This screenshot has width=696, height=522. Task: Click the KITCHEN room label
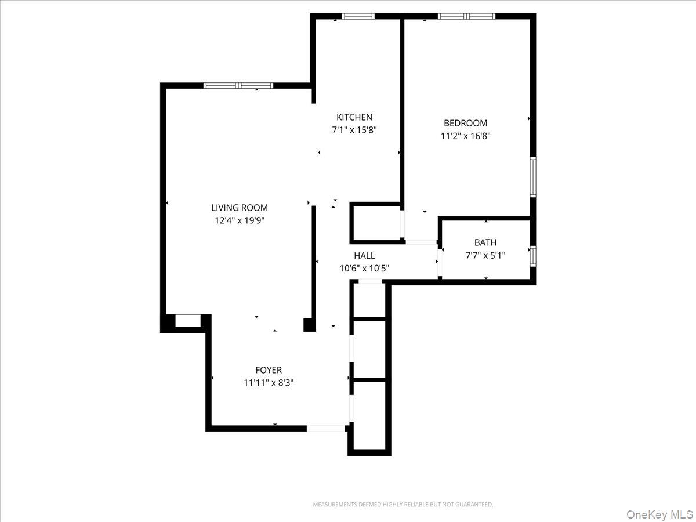pyautogui.click(x=354, y=117)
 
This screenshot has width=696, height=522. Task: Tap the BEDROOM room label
pyautogui.click(x=465, y=123)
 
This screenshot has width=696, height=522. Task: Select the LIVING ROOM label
pyautogui.click(x=239, y=208)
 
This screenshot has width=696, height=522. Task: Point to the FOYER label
pyautogui.click(x=269, y=370)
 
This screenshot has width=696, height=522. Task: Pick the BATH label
pyautogui.click(x=485, y=242)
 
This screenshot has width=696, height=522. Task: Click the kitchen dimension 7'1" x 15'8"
pyautogui.click(x=354, y=130)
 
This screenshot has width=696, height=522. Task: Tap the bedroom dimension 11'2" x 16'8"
pyautogui.click(x=466, y=136)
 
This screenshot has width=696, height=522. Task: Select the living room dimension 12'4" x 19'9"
pyautogui.click(x=240, y=220)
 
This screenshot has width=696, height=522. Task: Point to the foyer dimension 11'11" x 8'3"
pyautogui.click(x=269, y=383)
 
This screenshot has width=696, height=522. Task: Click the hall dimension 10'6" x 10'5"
pyautogui.click(x=364, y=269)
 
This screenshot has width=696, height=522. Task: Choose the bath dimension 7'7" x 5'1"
pyautogui.click(x=485, y=255)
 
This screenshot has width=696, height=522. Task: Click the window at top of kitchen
pyautogui.click(x=358, y=16)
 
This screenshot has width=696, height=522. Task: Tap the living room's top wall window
pyautogui.click(x=238, y=86)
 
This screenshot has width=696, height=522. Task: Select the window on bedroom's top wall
pyautogui.click(x=467, y=16)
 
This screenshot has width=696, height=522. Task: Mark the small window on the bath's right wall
pyautogui.click(x=532, y=255)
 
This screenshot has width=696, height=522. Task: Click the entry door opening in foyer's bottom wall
pyautogui.click(x=325, y=428)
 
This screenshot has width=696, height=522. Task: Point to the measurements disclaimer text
pyautogui.click(x=403, y=505)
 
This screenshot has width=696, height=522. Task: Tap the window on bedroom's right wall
pyautogui.click(x=532, y=177)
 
